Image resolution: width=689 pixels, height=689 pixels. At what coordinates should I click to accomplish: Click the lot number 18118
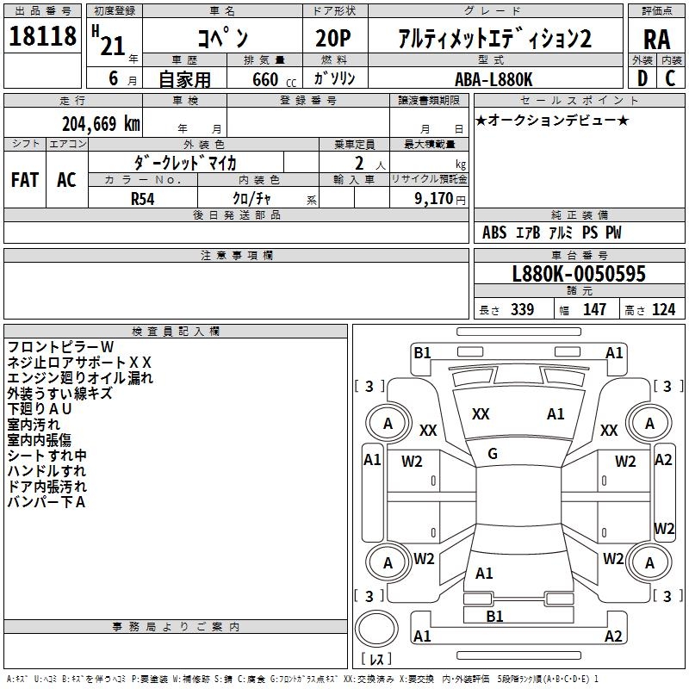[x=42, y=36]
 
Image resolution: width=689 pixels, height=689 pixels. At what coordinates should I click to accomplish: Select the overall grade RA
[x=656, y=40]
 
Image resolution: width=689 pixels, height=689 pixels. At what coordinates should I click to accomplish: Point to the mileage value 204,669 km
[x=101, y=124]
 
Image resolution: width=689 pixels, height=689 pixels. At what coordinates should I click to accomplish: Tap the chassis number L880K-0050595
[x=579, y=274]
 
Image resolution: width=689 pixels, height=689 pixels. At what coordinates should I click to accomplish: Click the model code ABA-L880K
[x=493, y=79]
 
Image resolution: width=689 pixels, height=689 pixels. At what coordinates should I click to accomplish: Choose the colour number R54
[x=142, y=199]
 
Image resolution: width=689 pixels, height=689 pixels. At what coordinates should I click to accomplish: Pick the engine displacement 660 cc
[x=274, y=79]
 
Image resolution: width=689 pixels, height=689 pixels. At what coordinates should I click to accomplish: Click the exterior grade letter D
[x=642, y=78]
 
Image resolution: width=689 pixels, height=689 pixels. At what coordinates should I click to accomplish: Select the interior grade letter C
[x=670, y=78]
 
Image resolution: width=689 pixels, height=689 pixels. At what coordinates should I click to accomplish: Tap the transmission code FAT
[x=25, y=180]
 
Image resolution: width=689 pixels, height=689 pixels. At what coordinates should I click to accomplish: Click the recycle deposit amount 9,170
[x=433, y=198]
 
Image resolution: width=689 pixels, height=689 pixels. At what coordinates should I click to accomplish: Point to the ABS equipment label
[x=494, y=233]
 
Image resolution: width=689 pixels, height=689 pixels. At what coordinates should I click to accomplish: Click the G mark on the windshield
[x=493, y=454]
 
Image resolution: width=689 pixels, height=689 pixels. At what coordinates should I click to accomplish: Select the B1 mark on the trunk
[x=494, y=616]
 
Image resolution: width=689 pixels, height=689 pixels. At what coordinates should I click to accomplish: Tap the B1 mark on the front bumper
[x=422, y=353]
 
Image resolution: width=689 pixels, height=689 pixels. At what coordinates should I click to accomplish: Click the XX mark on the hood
[x=481, y=414]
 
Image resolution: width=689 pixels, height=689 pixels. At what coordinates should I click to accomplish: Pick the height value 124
[x=663, y=309]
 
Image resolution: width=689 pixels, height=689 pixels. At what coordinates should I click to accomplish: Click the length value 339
[x=523, y=309]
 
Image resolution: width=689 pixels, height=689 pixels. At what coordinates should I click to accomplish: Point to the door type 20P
[x=333, y=39]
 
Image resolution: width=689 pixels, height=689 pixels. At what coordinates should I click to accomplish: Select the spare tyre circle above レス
[x=376, y=629]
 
